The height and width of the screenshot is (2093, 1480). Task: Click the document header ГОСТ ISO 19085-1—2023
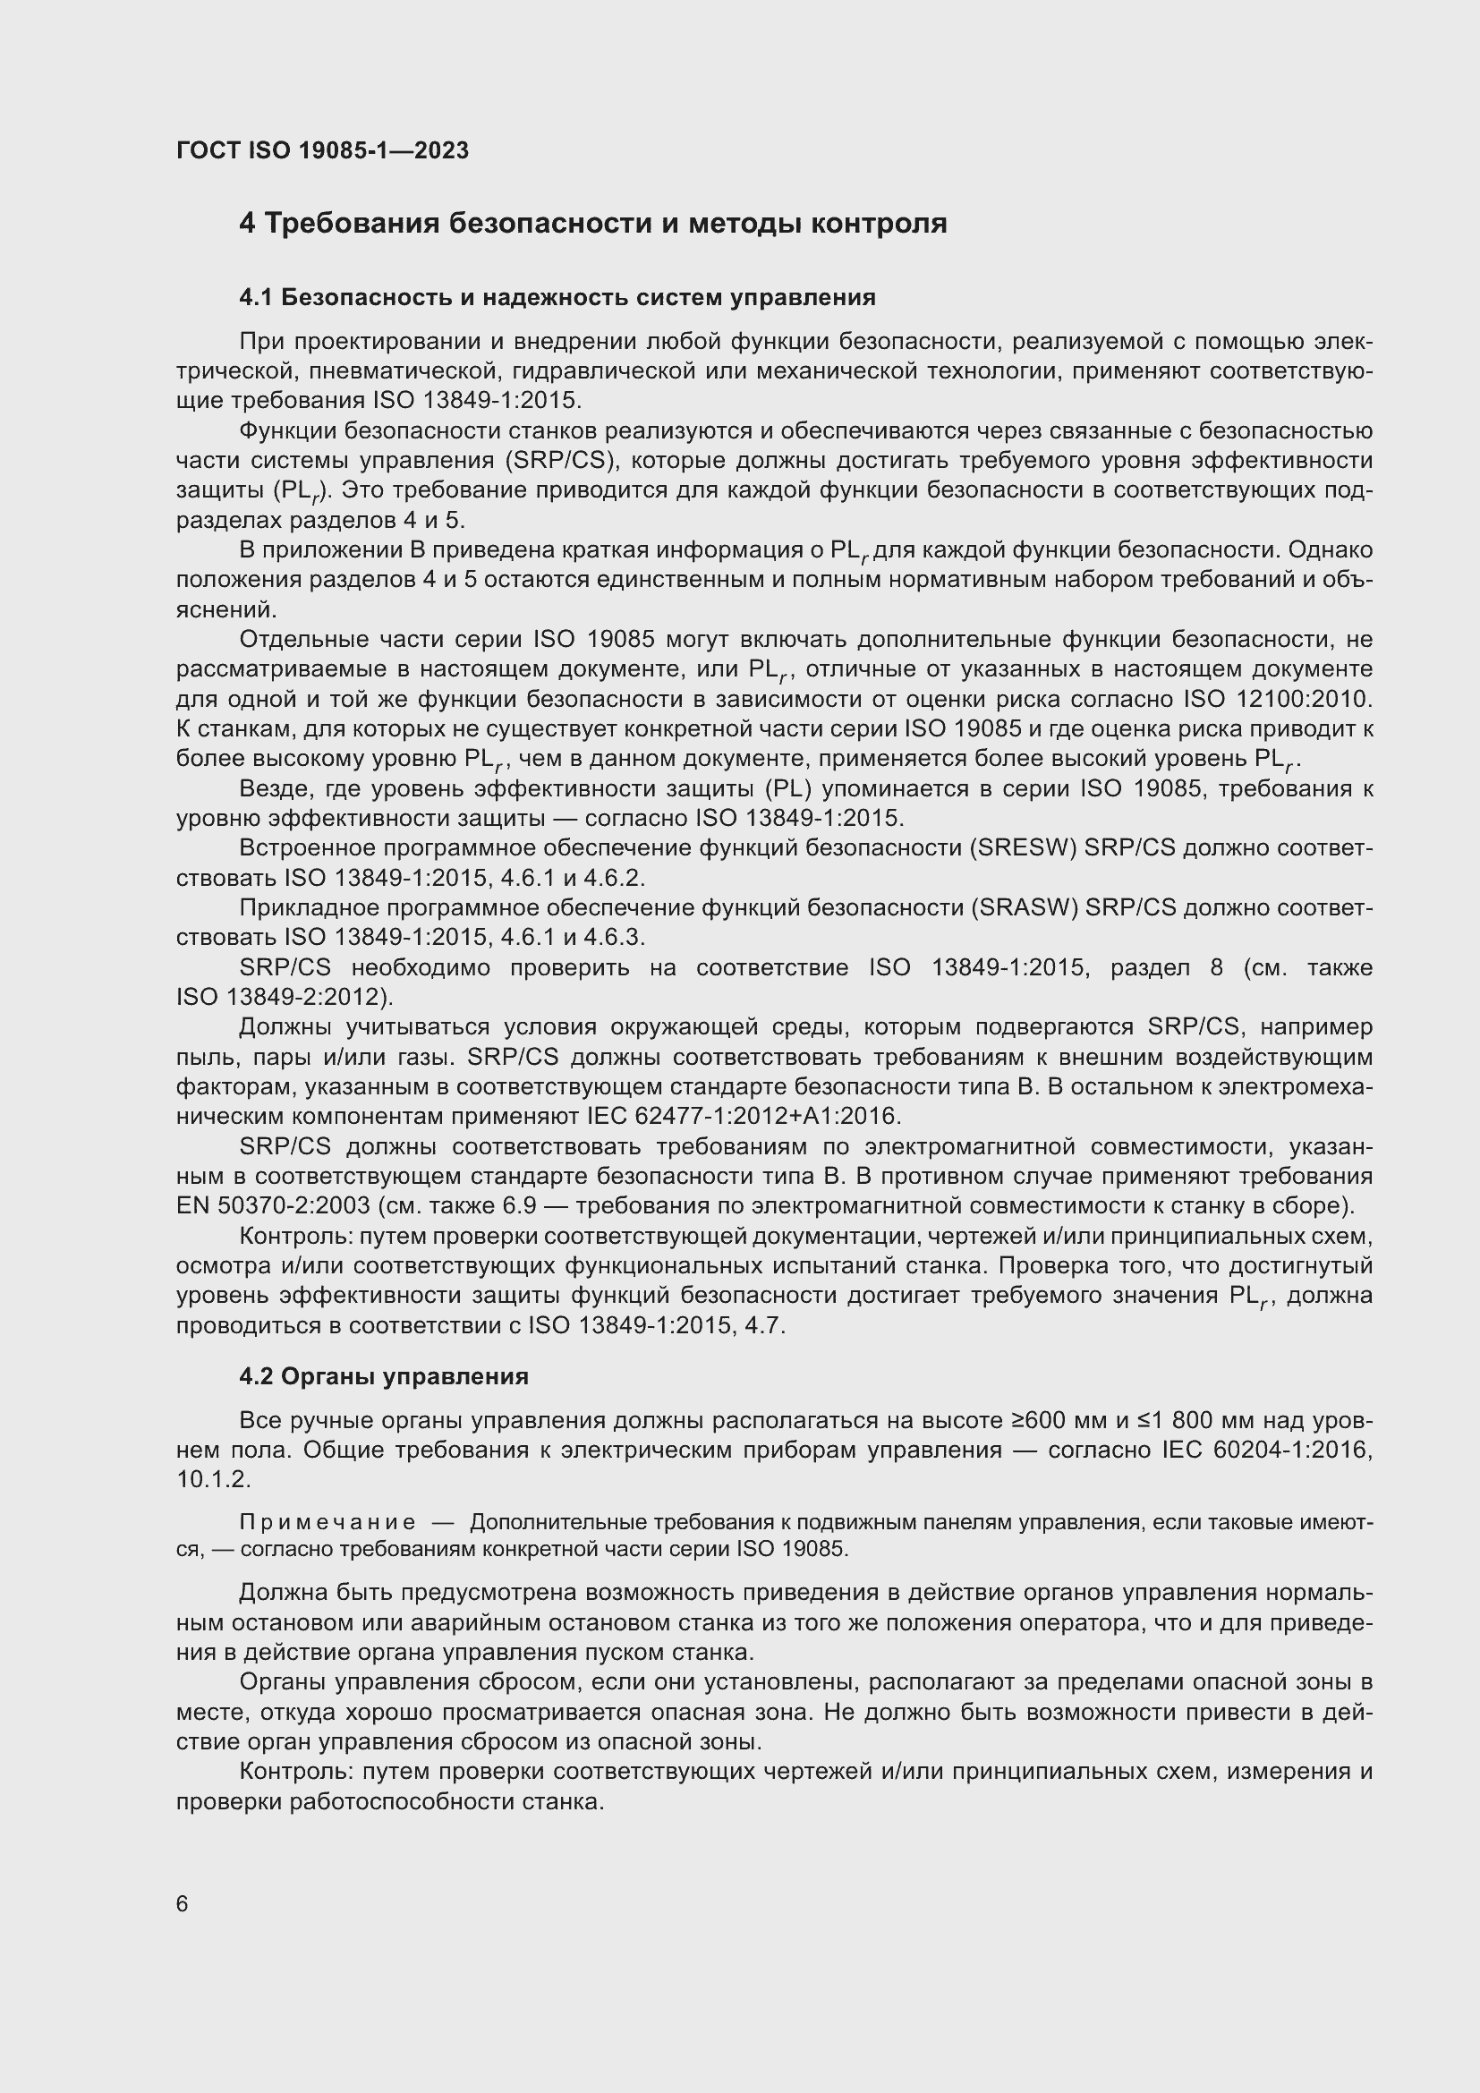[323, 150]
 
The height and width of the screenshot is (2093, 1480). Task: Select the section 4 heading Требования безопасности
[592, 224]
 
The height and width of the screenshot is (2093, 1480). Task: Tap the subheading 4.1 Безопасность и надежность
[557, 297]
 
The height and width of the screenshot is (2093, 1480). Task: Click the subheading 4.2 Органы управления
[384, 1375]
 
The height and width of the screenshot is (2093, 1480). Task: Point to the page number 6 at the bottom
[183, 1903]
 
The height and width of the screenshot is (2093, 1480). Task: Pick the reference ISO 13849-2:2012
[283, 996]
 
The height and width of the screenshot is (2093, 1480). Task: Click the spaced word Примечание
[327, 1522]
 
